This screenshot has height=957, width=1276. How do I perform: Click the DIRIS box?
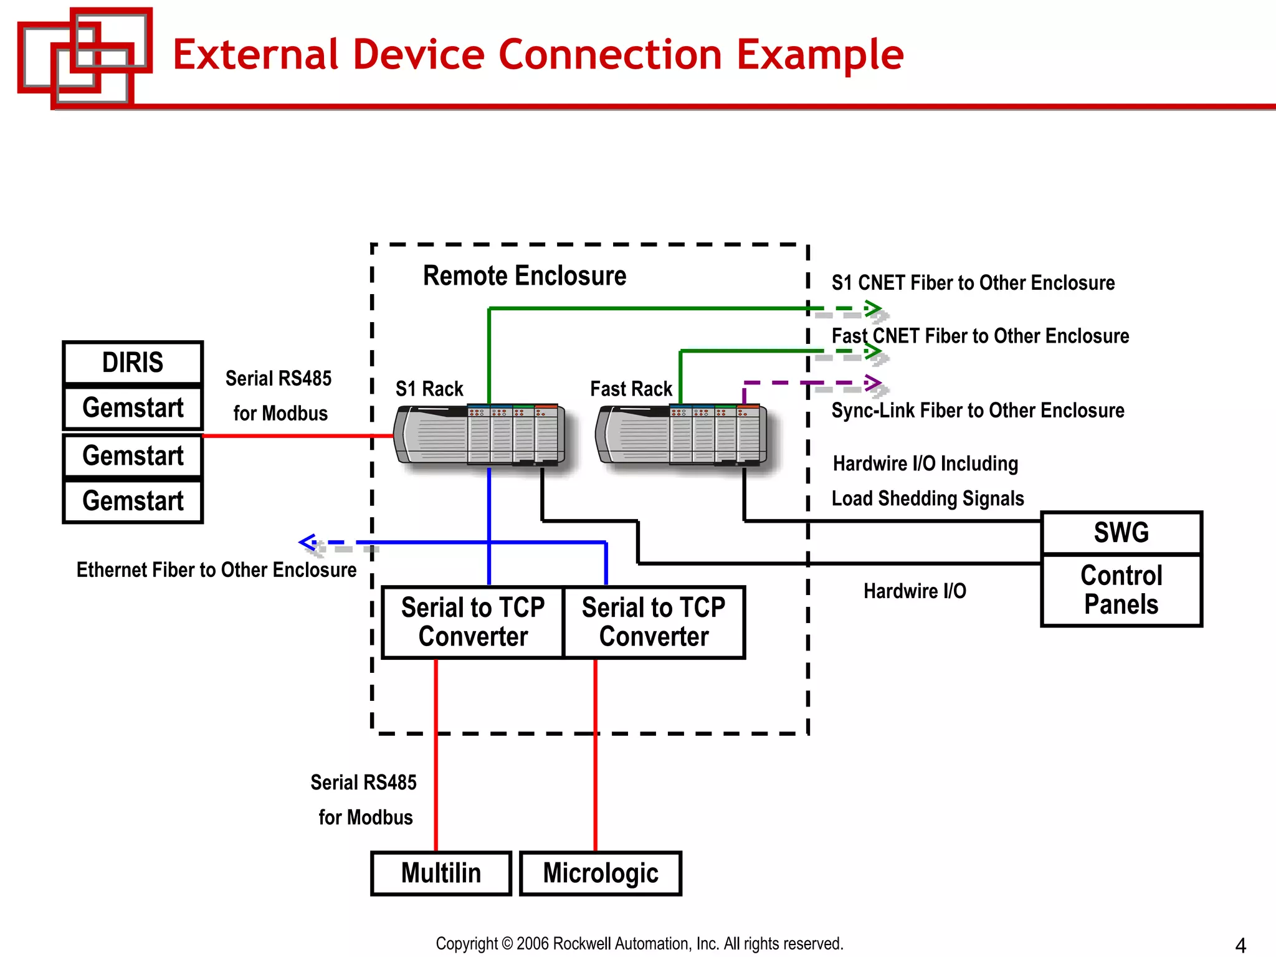tap(133, 363)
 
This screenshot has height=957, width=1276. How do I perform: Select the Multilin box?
tap(441, 873)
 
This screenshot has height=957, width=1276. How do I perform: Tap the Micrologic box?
tap(601, 873)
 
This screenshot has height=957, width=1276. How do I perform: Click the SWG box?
tap(1121, 533)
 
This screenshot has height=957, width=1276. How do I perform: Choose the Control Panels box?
tap(1121, 590)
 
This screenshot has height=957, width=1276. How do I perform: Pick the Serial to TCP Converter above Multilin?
tap(473, 622)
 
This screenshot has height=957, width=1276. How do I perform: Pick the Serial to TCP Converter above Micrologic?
tap(654, 622)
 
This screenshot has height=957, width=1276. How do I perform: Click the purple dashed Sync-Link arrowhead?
tap(875, 383)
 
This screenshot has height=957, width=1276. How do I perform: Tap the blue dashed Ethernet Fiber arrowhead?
tap(307, 542)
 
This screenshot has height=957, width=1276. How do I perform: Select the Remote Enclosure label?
tap(525, 276)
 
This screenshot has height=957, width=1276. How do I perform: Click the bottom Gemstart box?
tap(133, 501)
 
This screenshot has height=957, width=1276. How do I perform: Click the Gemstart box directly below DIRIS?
tap(133, 408)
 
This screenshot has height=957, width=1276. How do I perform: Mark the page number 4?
tap(1240, 945)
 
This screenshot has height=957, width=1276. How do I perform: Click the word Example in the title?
tap(820, 55)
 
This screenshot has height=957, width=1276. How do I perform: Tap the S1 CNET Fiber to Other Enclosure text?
tap(973, 283)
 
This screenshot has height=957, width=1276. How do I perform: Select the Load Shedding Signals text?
tap(928, 498)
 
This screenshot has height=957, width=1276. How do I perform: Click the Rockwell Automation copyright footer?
tap(639, 943)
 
